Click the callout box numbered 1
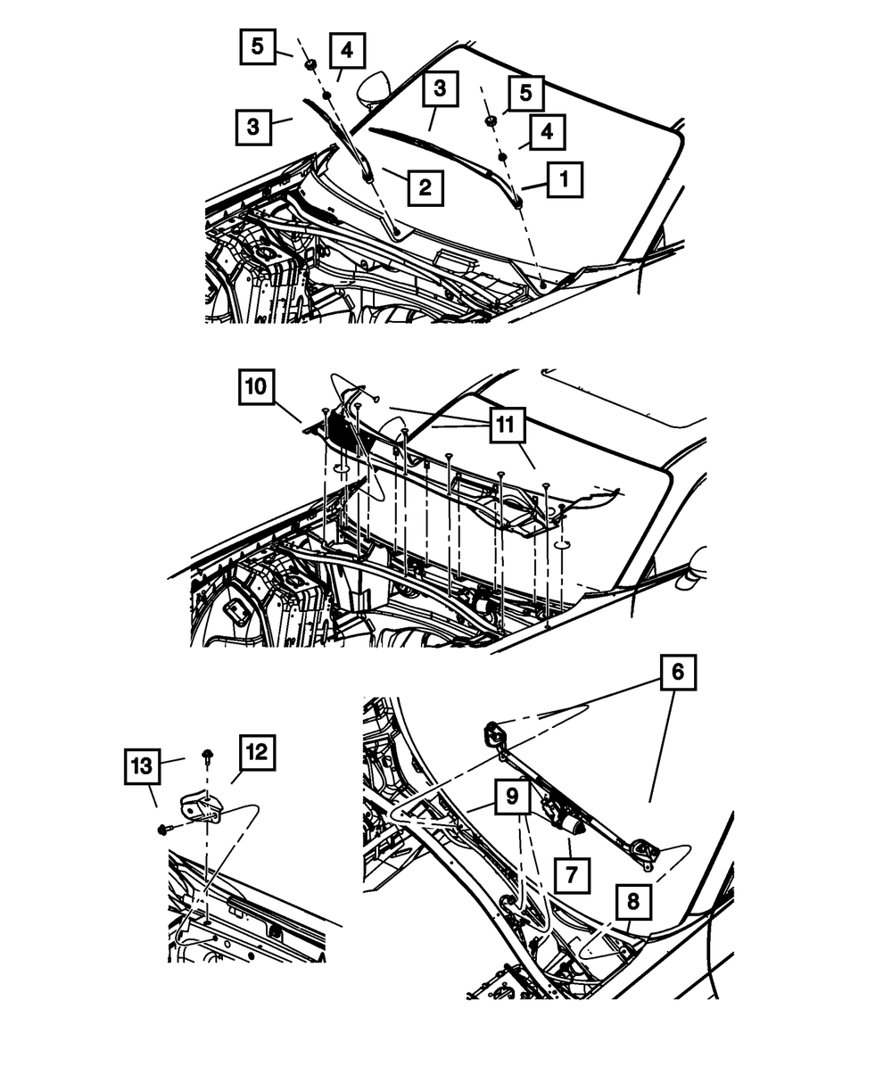[564, 180]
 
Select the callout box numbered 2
[425, 187]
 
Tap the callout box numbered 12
[257, 753]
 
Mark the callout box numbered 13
[141, 765]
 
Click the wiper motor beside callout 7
[566, 815]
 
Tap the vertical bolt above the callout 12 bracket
[207, 756]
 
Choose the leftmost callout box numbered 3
[254, 127]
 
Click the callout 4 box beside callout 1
[547, 131]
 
